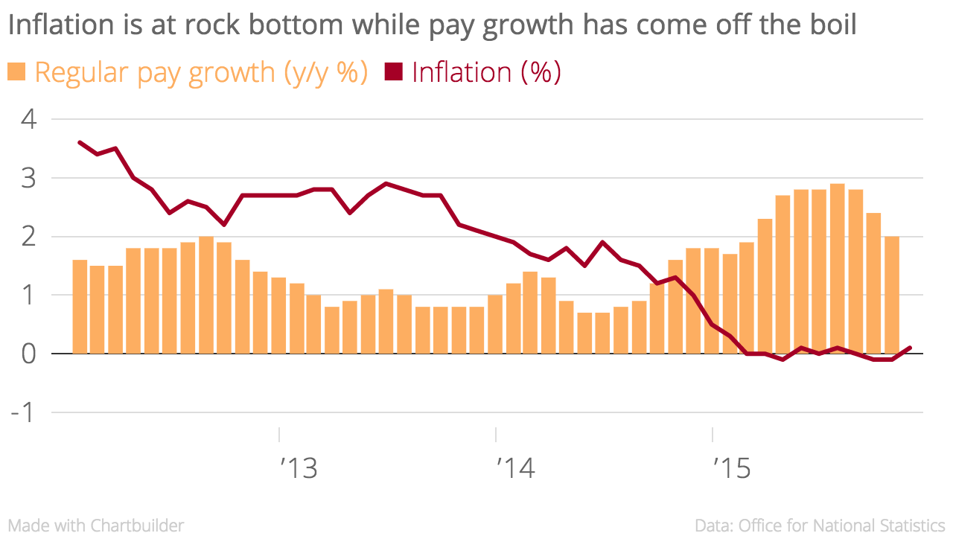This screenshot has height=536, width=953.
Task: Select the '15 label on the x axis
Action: (x=732, y=469)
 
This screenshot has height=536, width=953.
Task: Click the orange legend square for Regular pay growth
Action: (x=16, y=72)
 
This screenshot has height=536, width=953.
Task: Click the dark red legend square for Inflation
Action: (x=392, y=72)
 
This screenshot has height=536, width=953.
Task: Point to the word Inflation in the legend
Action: (x=461, y=72)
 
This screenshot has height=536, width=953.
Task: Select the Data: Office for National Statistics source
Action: (x=820, y=526)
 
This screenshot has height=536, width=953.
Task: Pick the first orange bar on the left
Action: (x=80, y=307)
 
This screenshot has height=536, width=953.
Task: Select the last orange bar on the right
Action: (x=891, y=295)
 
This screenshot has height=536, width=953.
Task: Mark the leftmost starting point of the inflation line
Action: (x=80, y=142)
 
